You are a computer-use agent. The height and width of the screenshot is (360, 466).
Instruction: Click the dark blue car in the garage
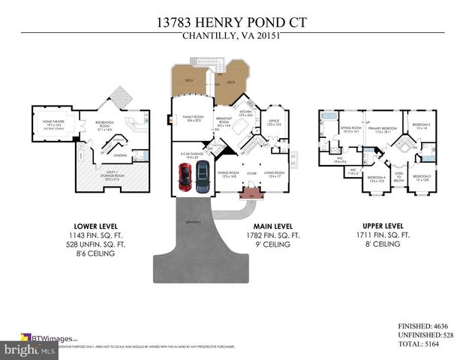(202, 178)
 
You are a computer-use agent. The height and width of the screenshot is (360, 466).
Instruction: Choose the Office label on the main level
(273, 121)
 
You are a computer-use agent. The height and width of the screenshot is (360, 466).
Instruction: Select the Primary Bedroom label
(382, 130)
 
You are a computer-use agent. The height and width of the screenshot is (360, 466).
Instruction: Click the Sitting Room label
(351, 129)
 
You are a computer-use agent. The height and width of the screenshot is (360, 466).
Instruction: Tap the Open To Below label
(399, 177)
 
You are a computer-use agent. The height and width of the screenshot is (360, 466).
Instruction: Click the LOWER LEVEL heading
(95, 226)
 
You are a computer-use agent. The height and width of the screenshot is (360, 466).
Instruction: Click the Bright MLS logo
(29, 350)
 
